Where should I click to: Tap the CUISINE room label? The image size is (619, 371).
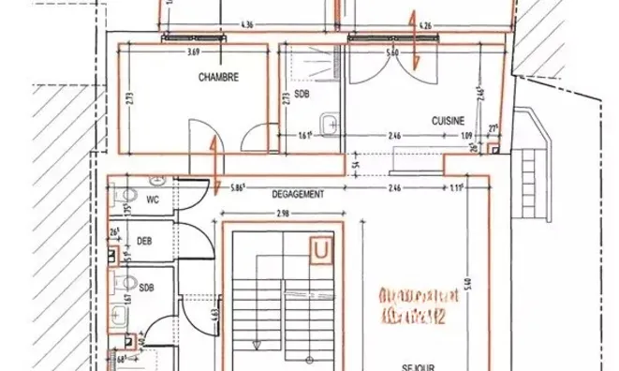(x=449, y=121)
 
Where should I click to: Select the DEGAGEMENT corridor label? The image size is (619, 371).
(x=297, y=194)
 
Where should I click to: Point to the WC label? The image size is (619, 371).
(x=153, y=199)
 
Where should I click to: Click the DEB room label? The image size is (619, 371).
(x=144, y=241)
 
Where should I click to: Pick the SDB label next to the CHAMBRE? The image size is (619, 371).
(x=302, y=94)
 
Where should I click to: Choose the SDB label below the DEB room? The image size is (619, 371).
(x=146, y=288)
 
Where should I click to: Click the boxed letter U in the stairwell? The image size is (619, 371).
(x=322, y=250)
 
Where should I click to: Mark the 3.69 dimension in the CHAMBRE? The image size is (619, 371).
(x=194, y=52)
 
